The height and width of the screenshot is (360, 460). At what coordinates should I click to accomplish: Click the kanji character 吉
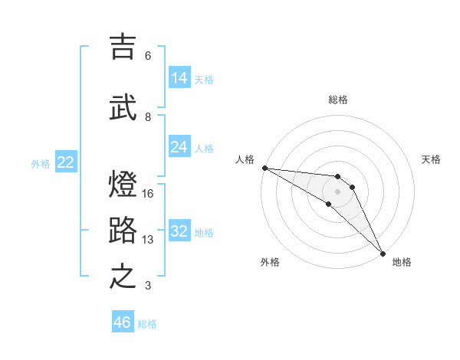(123, 47)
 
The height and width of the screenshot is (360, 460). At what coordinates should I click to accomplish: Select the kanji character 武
(123, 108)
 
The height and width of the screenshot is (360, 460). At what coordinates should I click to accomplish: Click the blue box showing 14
(179, 78)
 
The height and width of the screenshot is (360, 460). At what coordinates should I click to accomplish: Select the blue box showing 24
(179, 147)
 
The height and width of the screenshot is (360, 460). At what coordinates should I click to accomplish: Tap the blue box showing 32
(179, 231)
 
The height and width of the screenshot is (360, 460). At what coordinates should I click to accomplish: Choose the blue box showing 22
(66, 162)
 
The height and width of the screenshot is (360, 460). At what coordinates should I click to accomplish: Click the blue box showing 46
(123, 322)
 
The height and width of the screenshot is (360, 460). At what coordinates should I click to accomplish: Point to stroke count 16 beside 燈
(148, 194)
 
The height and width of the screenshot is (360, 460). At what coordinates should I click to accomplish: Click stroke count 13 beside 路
(148, 240)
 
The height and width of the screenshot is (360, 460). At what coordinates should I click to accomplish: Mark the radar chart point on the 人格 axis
(264, 168)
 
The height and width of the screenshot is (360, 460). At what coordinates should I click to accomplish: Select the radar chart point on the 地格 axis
(383, 253)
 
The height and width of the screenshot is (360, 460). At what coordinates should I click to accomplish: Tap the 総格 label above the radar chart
(337, 100)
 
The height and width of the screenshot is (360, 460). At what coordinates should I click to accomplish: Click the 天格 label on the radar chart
(431, 159)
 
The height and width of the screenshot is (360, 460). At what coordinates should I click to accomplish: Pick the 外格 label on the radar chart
(269, 262)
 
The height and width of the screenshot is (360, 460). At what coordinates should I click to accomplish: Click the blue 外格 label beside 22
(41, 163)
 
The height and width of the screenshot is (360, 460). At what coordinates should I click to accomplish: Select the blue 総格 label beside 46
(147, 324)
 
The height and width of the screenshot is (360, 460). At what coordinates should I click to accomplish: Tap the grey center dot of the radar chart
(337, 191)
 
